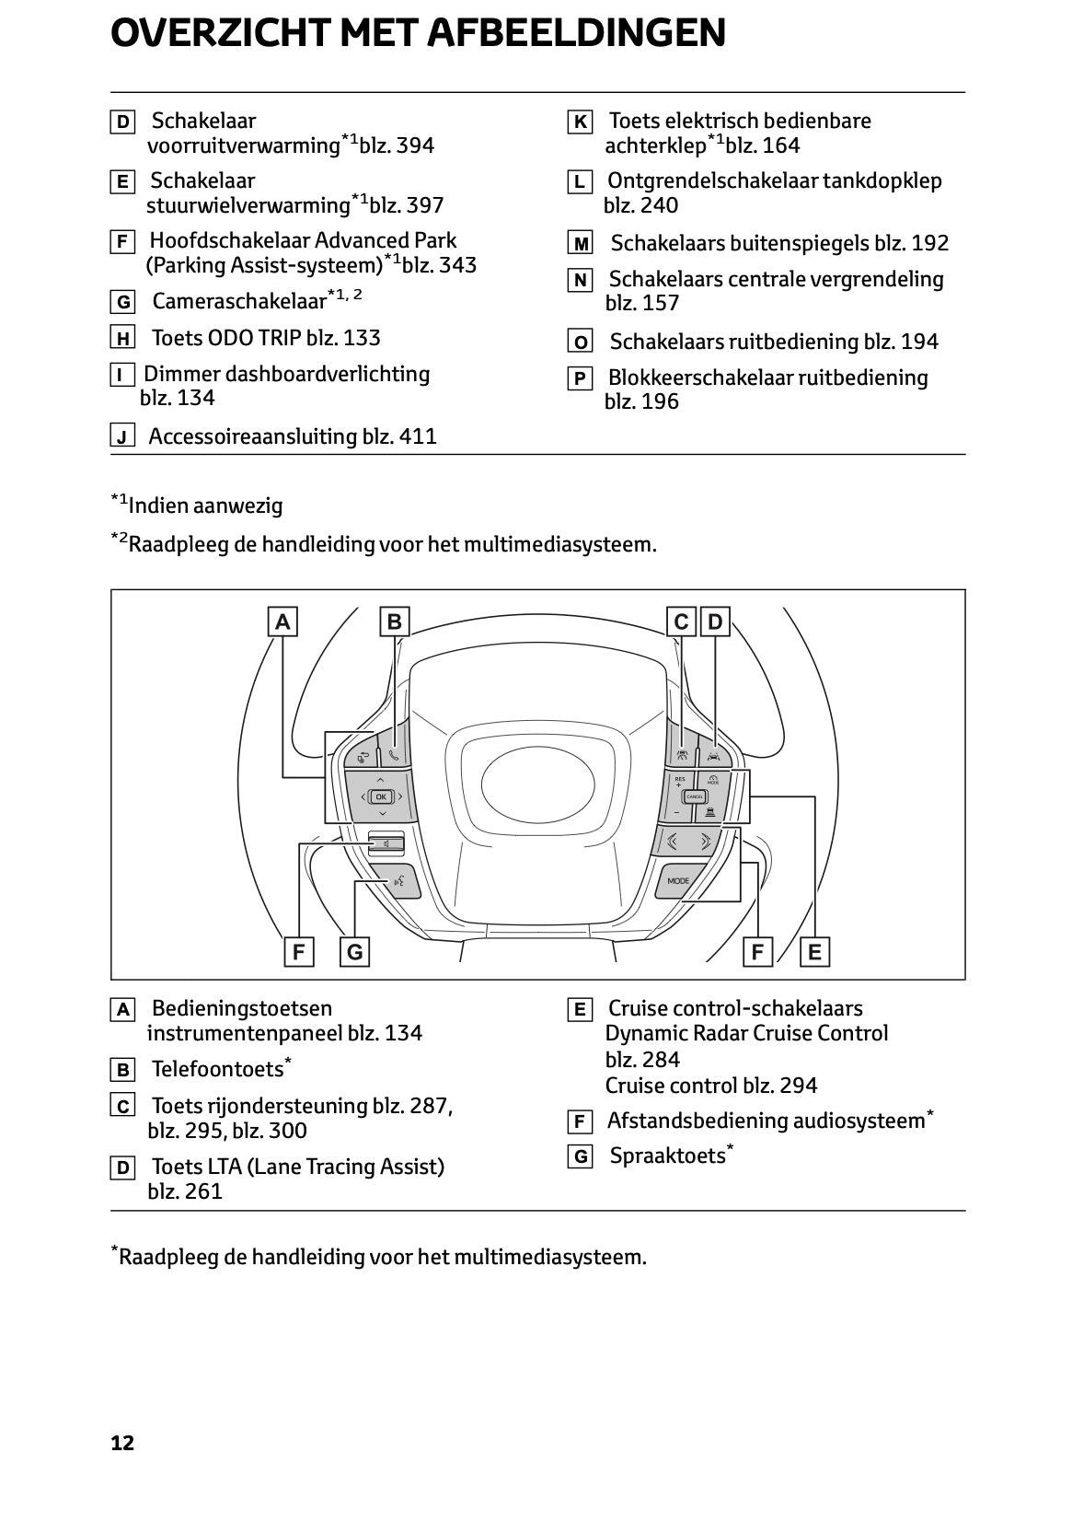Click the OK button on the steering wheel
(381, 796)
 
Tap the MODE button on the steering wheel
(678, 881)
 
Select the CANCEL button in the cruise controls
(695, 796)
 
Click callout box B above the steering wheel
(394, 622)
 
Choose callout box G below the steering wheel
(354, 952)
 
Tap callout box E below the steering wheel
(814, 952)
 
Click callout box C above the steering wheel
(681, 622)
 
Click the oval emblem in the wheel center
(538, 776)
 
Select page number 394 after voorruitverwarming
(415, 145)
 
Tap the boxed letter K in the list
(580, 122)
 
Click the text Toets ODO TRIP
(226, 338)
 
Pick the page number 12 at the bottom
(122, 1443)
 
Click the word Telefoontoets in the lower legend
(217, 1069)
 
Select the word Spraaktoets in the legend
(667, 1156)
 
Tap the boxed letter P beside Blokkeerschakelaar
(580, 378)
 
